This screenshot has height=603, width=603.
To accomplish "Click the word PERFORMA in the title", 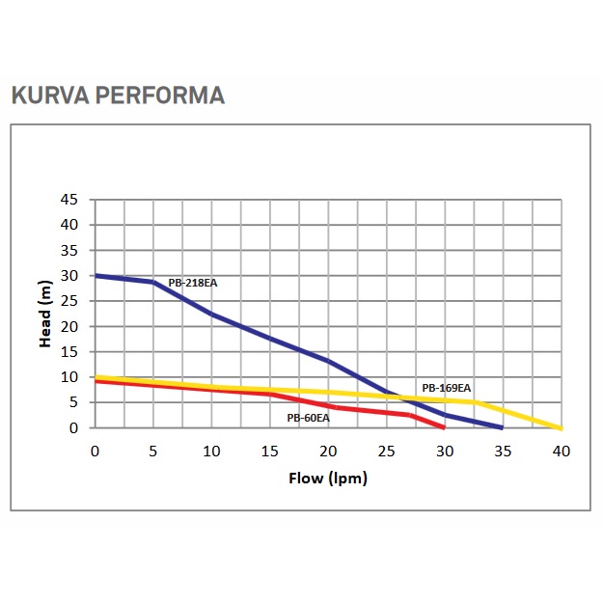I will pyautogui.click(x=158, y=96).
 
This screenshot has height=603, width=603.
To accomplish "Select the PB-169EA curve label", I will pyautogui.click(x=446, y=388).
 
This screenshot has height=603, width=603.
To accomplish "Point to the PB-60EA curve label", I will pyautogui.click(x=308, y=418).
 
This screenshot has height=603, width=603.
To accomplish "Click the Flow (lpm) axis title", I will pyautogui.click(x=328, y=478).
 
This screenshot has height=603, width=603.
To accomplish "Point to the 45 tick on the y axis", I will pyautogui.click(x=69, y=200).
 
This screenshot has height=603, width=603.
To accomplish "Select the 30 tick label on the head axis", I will pyautogui.click(x=69, y=276).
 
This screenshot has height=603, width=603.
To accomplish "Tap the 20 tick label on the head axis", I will pyautogui.click(x=69, y=326).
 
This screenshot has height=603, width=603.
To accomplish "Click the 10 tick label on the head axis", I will pyautogui.click(x=69, y=377).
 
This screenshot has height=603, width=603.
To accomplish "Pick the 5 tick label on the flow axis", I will pyautogui.click(x=152, y=451).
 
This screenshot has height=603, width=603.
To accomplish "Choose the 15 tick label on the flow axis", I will pyautogui.click(x=270, y=451).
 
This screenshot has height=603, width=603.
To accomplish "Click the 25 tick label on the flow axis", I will pyautogui.click(x=387, y=451).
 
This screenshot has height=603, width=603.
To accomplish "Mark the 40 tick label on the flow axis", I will pyautogui.click(x=562, y=451).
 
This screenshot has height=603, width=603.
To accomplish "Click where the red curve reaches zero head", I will pyautogui.click(x=445, y=427).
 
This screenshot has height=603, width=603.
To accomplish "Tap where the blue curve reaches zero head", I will pyautogui.click(x=503, y=427).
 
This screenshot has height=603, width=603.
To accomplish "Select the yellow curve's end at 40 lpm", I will pyautogui.click(x=561, y=427).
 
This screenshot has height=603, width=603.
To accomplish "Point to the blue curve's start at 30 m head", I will pyautogui.click(x=96, y=276).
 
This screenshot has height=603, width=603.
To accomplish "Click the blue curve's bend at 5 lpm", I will pyautogui.click(x=152, y=282).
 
